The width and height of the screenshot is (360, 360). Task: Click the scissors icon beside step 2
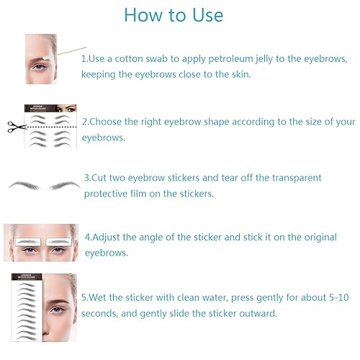click(15, 127)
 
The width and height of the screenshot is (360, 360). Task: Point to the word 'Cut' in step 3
click(101, 177)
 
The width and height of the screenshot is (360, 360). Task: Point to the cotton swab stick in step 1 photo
click(68, 52)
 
